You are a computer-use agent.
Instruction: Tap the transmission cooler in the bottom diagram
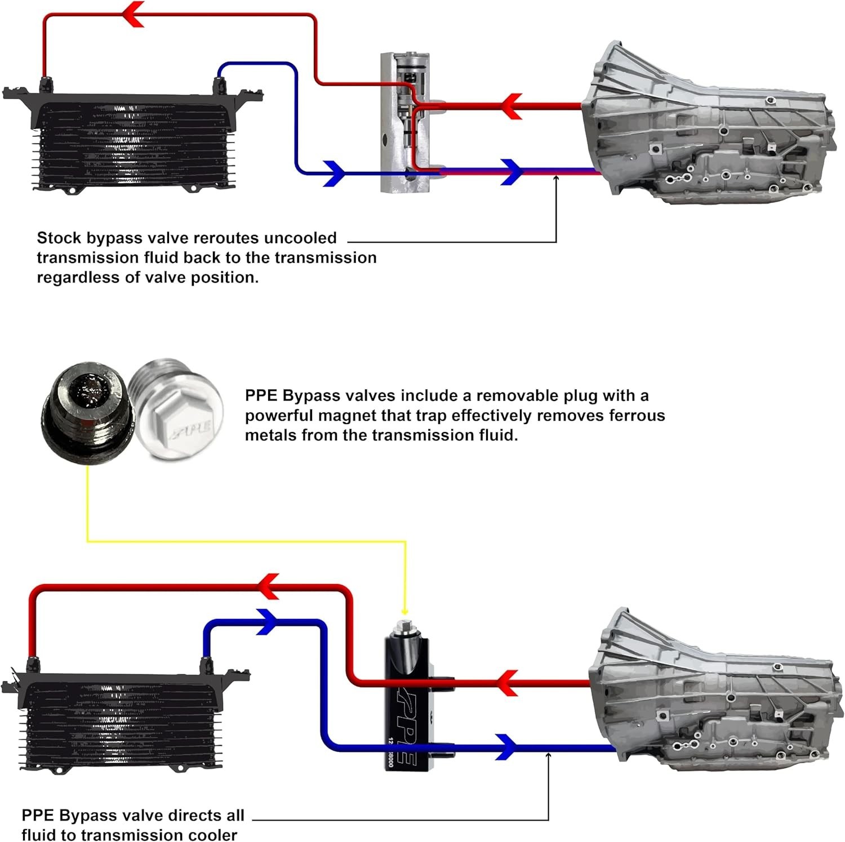(x=121, y=721)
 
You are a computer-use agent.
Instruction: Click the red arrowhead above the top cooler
(x=134, y=14)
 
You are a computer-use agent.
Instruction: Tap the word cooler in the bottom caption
(x=211, y=834)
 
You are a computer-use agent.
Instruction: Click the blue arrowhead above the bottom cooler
(x=268, y=621)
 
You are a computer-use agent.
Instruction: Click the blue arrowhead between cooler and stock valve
(x=334, y=173)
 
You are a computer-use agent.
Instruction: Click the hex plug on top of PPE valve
(x=404, y=625)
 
